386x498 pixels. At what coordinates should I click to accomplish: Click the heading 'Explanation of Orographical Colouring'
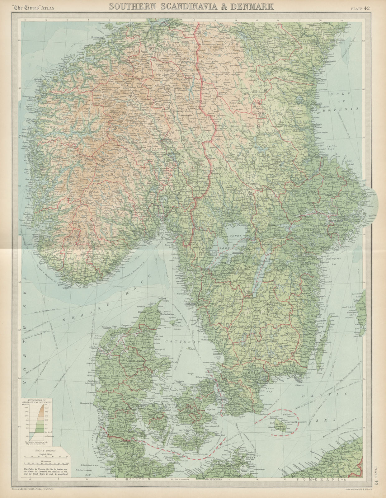[x=37, y=401]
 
